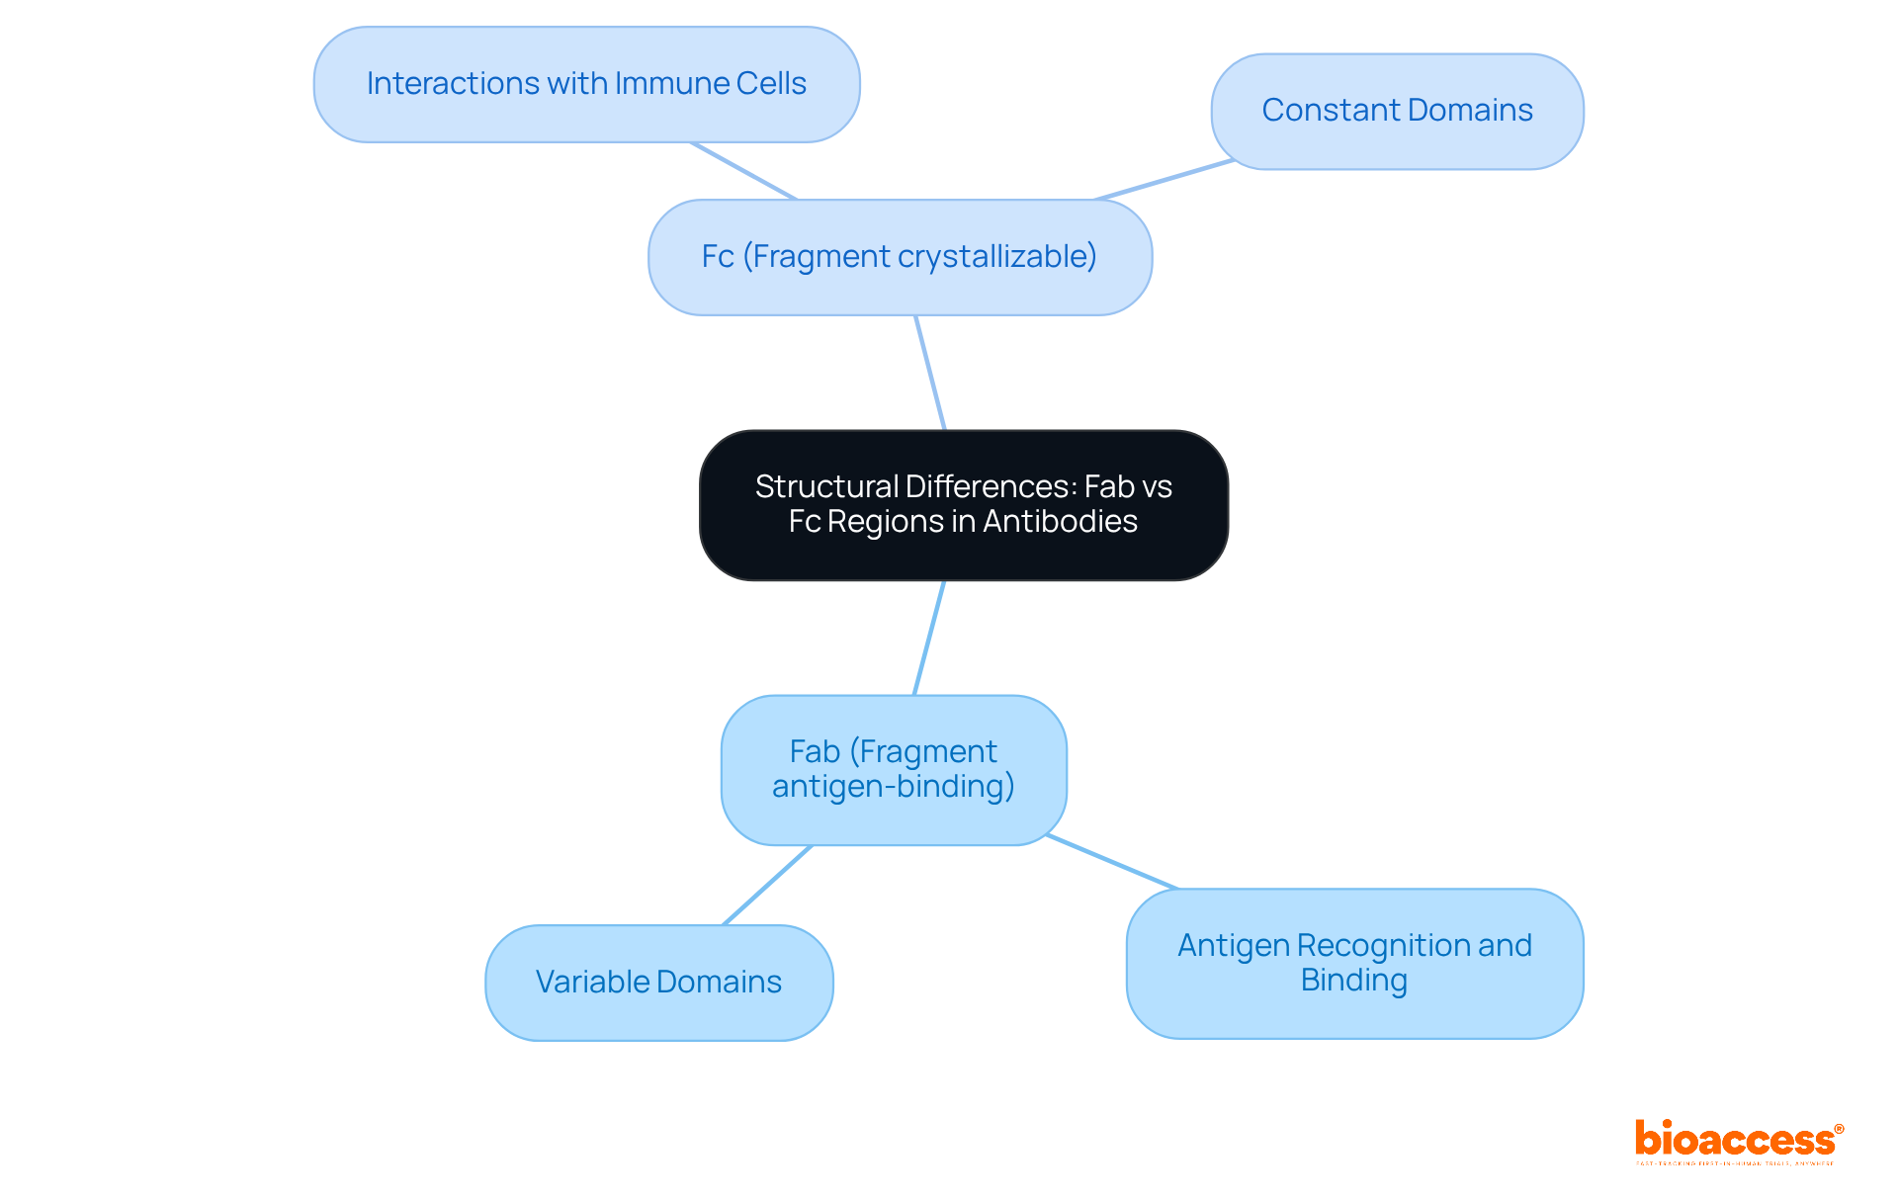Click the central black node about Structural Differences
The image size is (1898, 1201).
coord(964,505)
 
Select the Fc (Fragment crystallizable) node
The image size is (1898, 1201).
coord(900,257)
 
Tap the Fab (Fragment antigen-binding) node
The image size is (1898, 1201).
coord(894,770)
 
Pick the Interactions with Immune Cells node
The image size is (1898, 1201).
coord(586,84)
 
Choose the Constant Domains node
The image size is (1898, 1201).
coord(1397,111)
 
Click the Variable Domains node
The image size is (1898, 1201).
coord(658,983)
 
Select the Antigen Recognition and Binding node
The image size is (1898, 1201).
coord(1354,963)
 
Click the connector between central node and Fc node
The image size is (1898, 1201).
coord(930,373)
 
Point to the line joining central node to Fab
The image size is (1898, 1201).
coord(929,638)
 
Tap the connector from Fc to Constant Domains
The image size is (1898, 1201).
coord(1164,180)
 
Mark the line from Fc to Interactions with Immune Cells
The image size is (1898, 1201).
coord(743,171)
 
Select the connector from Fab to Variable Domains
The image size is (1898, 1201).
coord(768,885)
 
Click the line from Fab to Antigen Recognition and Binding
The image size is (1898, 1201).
coord(1112,862)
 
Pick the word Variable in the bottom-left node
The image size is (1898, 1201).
coord(591,983)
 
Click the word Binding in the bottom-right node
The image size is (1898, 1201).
coord(1353,981)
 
